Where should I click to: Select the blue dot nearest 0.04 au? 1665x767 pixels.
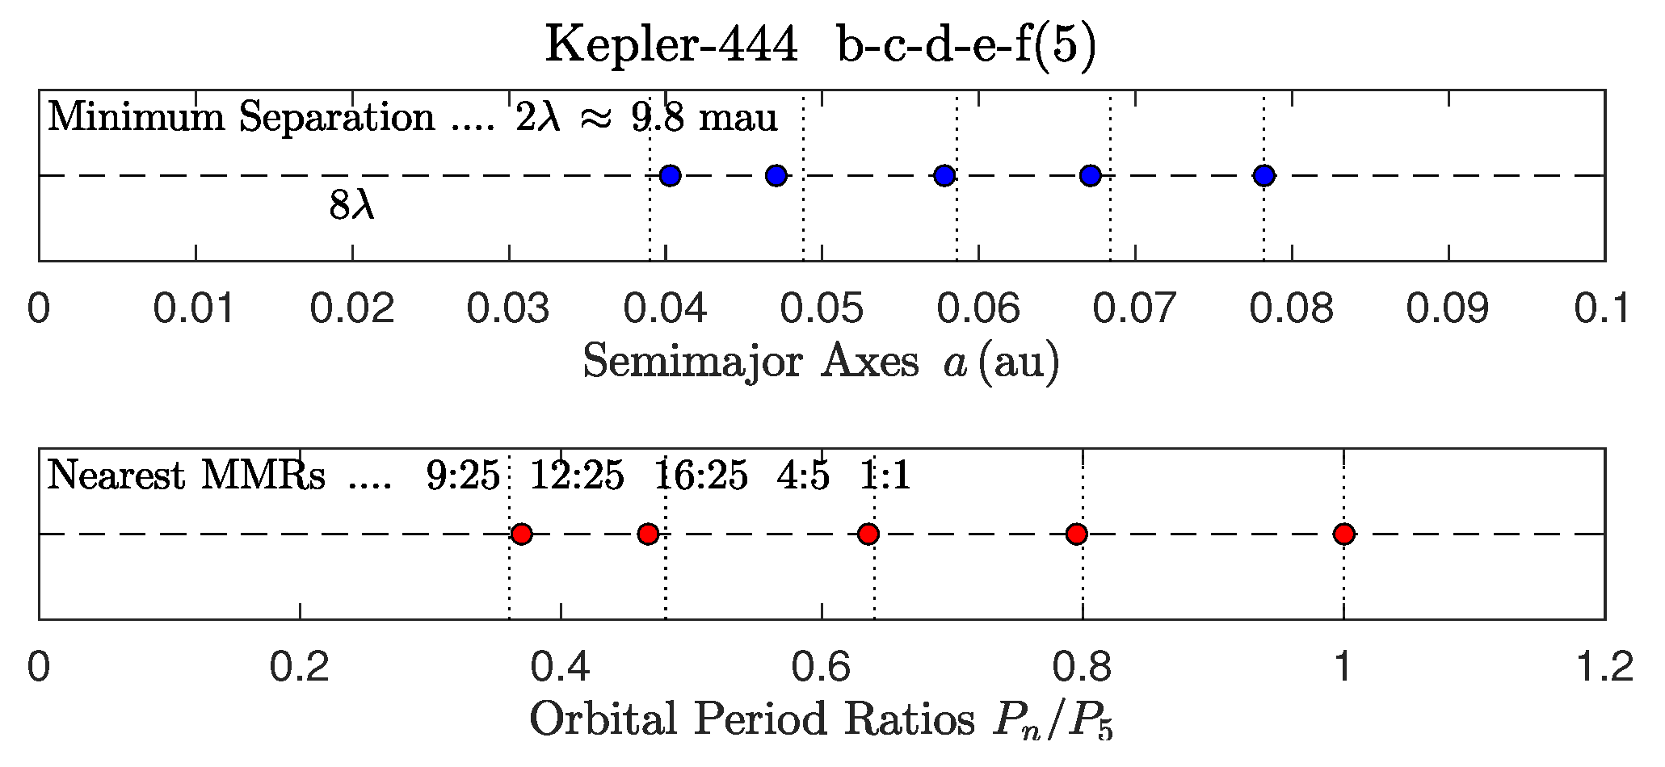click(x=670, y=175)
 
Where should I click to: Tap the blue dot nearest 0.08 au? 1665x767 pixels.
click(x=1264, y=175)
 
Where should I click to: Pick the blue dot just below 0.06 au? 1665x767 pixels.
click(x=944, y=175)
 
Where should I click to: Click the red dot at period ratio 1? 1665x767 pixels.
click(x=1343, y=534)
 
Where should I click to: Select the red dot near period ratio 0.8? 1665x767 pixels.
click(x=1076, y=534)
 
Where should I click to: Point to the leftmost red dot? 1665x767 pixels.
click(x=522, y=534)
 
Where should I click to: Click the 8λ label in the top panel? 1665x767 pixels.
click(x=351, y=207)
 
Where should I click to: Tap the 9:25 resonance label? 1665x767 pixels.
click(x=464, y=476)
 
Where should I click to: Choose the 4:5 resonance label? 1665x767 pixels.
click(x=803, y=476)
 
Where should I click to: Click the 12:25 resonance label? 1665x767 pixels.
click(x=577, y=476)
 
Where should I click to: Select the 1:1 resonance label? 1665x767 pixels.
click(x=885, y=476)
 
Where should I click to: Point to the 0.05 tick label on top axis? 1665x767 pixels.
click(x=822, y=308)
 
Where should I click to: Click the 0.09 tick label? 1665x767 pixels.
click(x=1448, y=308)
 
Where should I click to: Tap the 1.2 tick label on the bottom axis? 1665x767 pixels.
click(x=1604, y=668)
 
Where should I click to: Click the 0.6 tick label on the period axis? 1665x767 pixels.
click(x=821, y=668)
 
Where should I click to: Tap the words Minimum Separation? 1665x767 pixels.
click(x=241, y=118)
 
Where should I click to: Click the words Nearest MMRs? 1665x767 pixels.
click(x=187, y=476)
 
